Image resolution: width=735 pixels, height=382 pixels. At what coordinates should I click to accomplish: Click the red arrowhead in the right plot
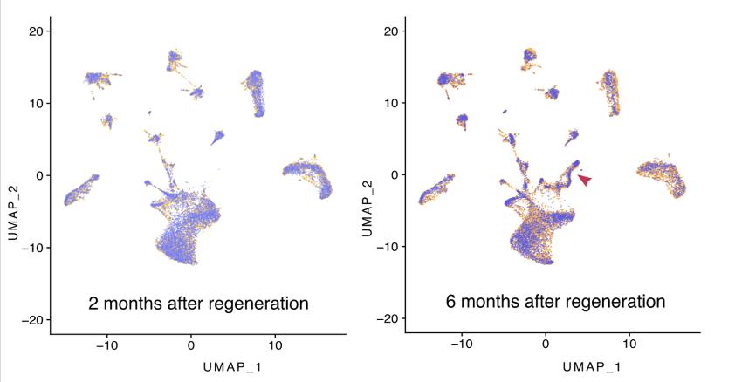pos(586,179)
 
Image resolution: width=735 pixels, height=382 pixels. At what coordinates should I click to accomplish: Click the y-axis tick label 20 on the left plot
pos(36,31)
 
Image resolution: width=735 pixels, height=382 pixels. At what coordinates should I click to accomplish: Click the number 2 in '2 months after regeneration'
pos(93,304)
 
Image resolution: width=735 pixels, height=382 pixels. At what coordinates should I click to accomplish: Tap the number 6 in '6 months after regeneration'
pos(450,302)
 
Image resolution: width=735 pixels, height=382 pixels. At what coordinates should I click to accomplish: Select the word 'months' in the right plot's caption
pos(494,302)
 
